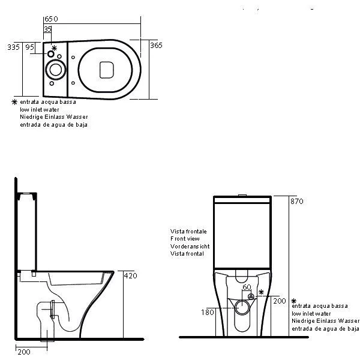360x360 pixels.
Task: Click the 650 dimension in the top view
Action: pyautogui.click(x=51, y=19)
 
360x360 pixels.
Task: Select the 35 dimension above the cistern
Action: pyautogui.click(x=47, y=29)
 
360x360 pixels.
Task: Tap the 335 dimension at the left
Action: pyautogui.click(x=13, y=47)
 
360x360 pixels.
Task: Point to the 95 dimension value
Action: pyautogui.click(x=30, y=47)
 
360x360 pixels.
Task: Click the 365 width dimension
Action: pyautogui.click(x=156, y=45)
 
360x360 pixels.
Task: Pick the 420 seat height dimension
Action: pyautogui.click(x=130, y=275)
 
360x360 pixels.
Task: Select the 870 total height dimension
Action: pyautogui.click(x=297, y=202)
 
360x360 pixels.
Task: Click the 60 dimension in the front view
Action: pyautogui.click(x=247, y=287)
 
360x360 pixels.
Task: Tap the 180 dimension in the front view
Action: pyautogui.click(x=208, y=312)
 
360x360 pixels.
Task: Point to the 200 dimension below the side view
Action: pyautogui.click(x=24, y=352)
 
